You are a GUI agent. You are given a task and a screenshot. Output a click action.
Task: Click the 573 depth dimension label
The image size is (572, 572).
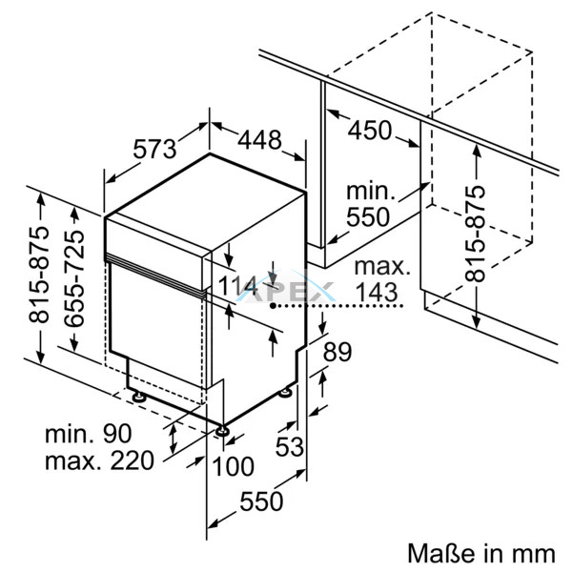point(155,150)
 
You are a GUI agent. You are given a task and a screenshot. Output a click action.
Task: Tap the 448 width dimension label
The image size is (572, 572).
point(259,140)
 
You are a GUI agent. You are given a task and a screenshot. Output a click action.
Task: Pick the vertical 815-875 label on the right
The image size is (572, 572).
point(475,232)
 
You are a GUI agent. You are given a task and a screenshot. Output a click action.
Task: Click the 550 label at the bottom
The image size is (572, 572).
point(260,501)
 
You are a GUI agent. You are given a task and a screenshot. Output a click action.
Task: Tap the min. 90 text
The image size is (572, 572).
point(88,434)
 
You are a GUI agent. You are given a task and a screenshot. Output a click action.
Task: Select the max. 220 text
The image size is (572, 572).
point(98,462)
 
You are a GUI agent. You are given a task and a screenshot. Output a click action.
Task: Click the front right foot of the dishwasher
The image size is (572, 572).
point(223,432)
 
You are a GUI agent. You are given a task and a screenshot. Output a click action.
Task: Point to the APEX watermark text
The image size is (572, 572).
point(296,296)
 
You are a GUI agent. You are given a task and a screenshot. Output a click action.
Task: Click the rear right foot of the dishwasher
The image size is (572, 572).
point(287,389)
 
